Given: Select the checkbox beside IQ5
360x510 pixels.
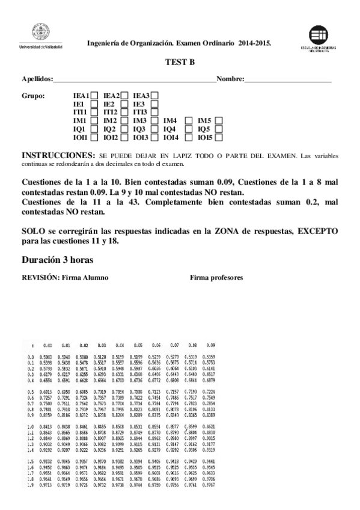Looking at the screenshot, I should click(x=218, y=129).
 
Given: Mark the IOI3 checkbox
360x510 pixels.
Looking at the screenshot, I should click(x=154, y=138).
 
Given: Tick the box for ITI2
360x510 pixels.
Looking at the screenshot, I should click(x=124, y=112).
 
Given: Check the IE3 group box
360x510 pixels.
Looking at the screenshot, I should click(x=154, y=103).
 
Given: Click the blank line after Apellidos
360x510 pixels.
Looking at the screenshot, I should click(x=135, y=79).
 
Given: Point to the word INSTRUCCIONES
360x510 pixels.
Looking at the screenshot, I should click(x=58, y=155).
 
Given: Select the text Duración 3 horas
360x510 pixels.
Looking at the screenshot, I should click(x=57, y=260).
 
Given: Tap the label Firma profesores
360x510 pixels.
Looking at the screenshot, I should click(x=216, y=278).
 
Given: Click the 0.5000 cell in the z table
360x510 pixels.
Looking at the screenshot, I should click(x=47, y=357).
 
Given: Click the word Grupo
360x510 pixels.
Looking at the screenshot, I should click(x=33, y=96).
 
